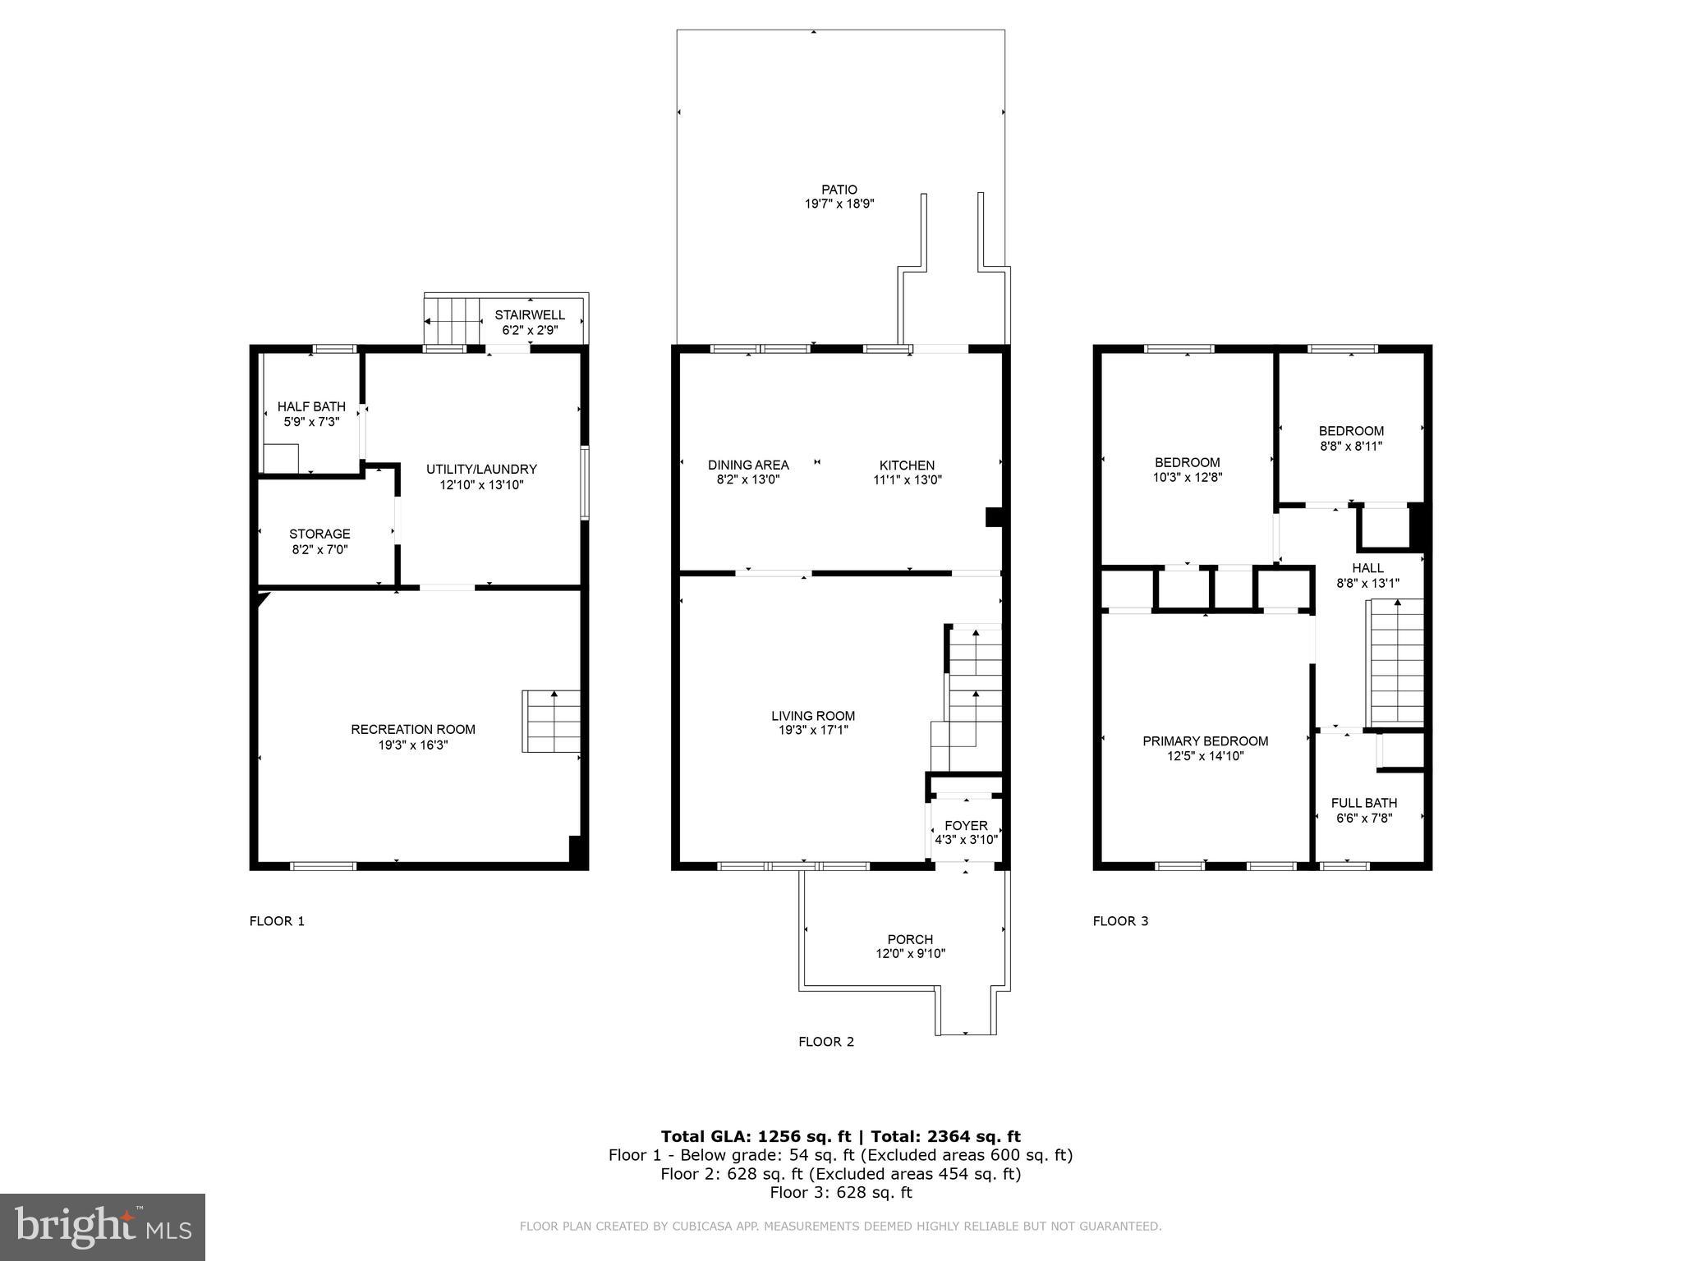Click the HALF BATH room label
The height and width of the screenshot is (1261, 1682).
point(311,407)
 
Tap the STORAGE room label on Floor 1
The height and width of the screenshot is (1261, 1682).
point(319,534)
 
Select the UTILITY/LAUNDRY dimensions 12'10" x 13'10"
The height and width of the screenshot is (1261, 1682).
point(481,485)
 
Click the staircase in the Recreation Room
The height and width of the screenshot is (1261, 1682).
point(552,722)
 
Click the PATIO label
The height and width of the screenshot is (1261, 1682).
point(839,190)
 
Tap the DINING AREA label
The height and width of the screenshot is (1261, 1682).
point(748,465)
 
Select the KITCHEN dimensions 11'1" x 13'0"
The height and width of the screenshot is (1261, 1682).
point(907,480)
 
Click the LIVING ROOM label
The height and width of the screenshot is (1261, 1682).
point(812,716)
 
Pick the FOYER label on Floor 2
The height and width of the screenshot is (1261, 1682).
point(966,826)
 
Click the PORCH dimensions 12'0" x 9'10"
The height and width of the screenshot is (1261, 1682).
point(910,954)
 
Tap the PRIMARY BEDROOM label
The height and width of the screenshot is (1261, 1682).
point(1205,741)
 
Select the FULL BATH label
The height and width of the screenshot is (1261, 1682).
point(1363,803)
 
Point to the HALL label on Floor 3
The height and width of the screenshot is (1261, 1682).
point(1367,568)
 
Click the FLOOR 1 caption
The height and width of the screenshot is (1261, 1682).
point(277,921)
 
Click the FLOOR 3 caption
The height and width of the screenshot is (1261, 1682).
point(1120,921)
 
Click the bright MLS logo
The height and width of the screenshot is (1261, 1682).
point(102,1227)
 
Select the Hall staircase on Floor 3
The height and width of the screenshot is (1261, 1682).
point(1394,663)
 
